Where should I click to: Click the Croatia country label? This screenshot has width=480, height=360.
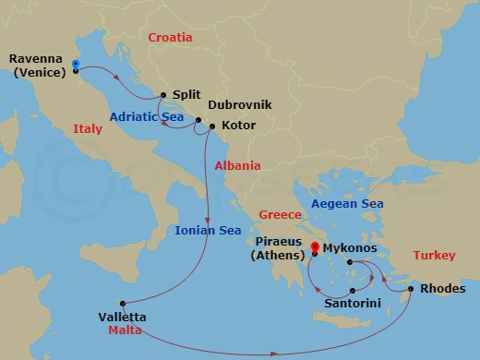point(170,38)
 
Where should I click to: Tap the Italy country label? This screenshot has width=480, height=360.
point(88,130)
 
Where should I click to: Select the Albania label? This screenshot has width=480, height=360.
point(237,166)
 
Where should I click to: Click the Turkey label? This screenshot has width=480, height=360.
point(434,255)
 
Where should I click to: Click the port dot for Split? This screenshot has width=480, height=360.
point(163,94)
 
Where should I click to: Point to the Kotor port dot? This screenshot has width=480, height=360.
point(212,126)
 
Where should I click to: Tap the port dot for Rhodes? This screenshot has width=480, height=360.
point(410,289)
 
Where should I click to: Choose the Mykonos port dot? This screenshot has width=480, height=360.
point(350,262)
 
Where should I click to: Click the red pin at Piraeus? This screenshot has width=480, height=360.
point(315,247)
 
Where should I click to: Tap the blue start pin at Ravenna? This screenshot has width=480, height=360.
point(75,65)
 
